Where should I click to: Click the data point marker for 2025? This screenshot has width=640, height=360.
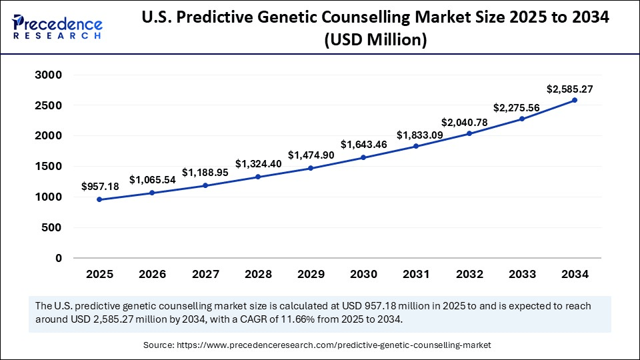coord(99,199)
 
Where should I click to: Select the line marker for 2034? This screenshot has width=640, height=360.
coord(575,100)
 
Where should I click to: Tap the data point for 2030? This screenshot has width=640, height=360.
coord(363,157)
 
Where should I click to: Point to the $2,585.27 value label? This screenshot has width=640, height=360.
coord(570,89)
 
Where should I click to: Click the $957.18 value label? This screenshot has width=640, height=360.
coord(100,187)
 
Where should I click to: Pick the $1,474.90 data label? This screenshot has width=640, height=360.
coord(311,155)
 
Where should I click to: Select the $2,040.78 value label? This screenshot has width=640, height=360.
coord(463,123)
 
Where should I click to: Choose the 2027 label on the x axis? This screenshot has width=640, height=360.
coord(205,274)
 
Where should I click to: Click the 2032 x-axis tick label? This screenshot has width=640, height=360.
coord(469,274)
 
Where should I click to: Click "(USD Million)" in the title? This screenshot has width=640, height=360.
coord(375,40)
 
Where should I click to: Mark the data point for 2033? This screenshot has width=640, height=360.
coord(522,119)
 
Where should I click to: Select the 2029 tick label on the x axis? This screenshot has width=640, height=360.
coord(311,274)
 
